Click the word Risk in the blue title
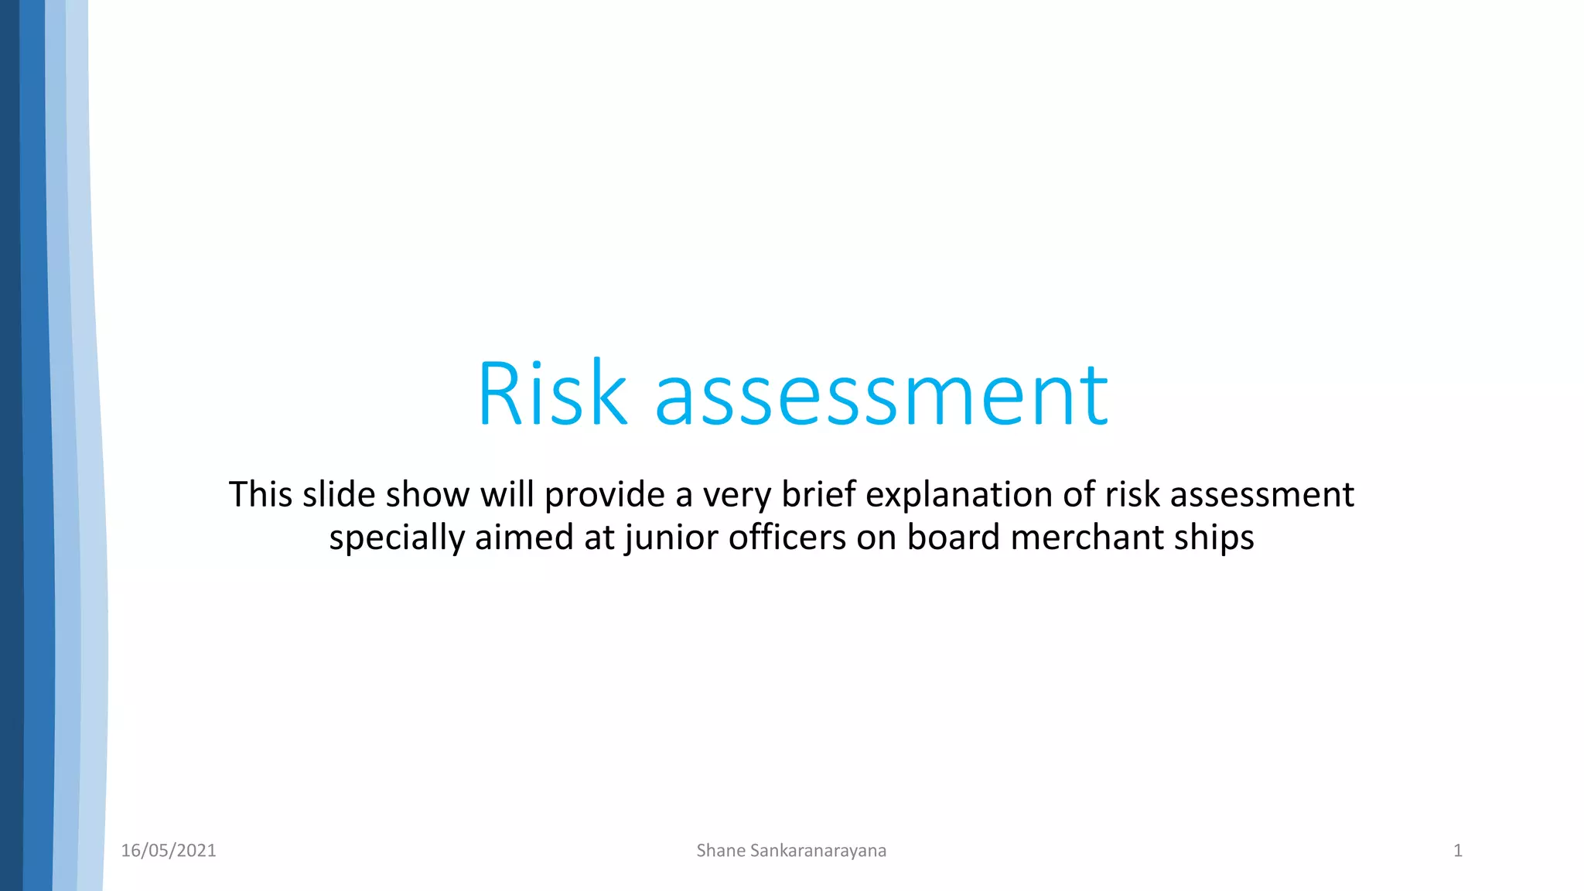click(551, 394)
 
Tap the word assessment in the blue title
click(882, 396)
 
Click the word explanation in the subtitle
click(959, 496)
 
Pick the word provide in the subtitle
click(604, 496)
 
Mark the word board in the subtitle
click(954, 538)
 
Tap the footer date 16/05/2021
click(169, 851)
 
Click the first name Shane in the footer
click(720, 851)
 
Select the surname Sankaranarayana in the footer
click(818, 851)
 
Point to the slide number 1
click(1458, 851)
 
